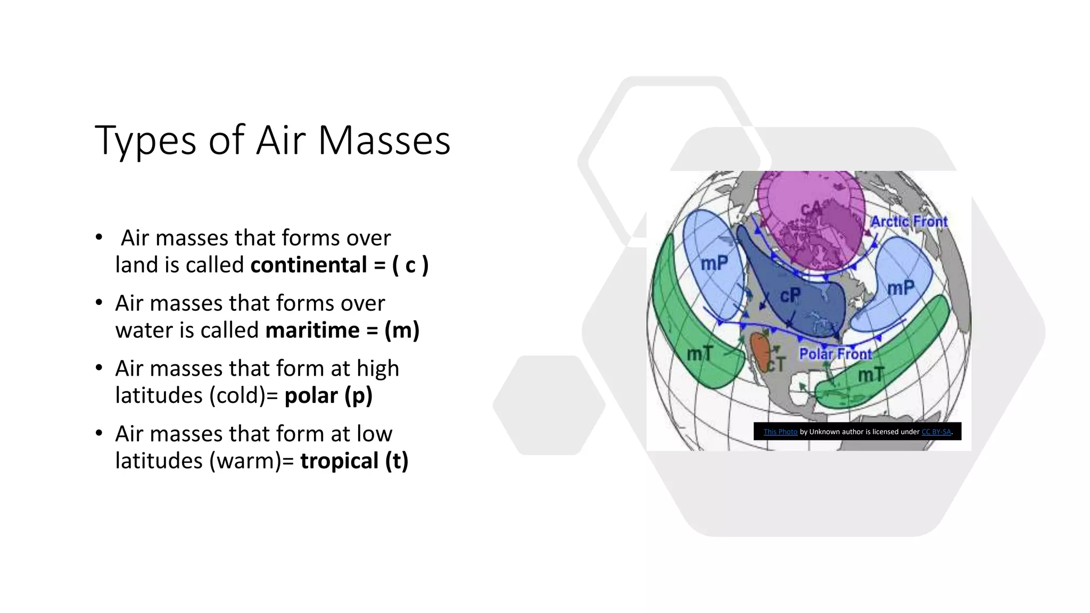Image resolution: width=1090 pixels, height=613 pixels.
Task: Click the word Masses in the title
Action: click(384, 140)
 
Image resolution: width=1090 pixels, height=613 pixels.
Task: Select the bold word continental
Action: click(309, 265)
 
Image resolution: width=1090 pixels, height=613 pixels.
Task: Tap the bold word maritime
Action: click(312, 330)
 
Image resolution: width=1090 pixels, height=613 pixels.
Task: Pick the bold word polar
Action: click(311, 396)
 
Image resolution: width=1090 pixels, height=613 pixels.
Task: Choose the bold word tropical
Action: click(339, 461)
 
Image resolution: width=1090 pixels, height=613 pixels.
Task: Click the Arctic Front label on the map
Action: click(909, 221)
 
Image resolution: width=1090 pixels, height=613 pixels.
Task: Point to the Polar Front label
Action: click(836, 354)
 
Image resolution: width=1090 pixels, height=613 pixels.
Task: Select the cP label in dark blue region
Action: click(790, 295)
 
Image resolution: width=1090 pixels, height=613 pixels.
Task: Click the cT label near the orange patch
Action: click(777, 365)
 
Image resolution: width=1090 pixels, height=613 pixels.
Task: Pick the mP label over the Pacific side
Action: click(714, 263)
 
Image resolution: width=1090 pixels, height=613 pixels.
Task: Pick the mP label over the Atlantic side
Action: click(901, 288)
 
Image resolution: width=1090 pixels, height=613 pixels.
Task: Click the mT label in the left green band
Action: click(699, 353)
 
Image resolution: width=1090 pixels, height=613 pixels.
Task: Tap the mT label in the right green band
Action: click(871, 375)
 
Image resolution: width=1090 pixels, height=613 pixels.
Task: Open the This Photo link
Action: click(780, 432)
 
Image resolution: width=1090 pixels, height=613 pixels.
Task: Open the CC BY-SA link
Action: click(936, 432)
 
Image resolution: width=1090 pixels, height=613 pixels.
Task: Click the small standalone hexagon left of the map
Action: click(549, 405)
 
